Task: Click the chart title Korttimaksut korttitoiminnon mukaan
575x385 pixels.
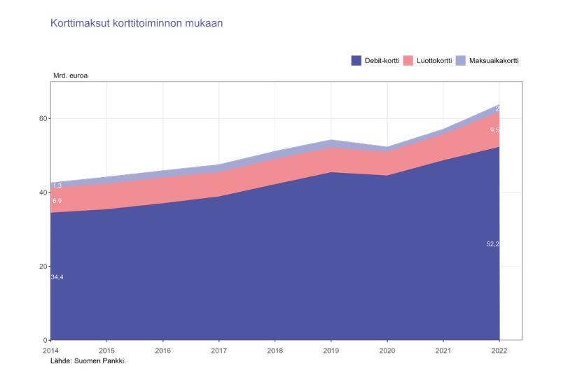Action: [137, 23]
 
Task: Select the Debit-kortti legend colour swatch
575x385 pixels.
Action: [356, 60]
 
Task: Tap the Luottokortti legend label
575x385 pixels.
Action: [434, 60]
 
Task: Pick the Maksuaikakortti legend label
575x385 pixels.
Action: [493, 60]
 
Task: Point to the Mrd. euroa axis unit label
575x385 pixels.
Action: [70, 74]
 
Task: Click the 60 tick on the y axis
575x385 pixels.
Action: [43, 118]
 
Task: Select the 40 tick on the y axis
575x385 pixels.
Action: [43, 192]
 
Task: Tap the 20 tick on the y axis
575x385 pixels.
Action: [43, 267]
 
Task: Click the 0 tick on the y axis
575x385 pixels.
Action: [45, 340]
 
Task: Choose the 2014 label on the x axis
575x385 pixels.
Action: [50, 350]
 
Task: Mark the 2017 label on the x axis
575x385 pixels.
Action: [219, 350]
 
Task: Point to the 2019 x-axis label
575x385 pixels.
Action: [331, 350]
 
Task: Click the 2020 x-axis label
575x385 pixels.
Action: [387, 350]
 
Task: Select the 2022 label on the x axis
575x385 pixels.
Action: [499, 350]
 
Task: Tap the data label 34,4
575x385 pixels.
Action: [57, 277]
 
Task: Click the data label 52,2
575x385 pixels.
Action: [492, 244]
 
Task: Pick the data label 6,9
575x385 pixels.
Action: [57, 201]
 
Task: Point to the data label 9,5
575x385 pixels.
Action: [494, 130]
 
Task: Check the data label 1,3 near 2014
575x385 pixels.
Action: [57, 185]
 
